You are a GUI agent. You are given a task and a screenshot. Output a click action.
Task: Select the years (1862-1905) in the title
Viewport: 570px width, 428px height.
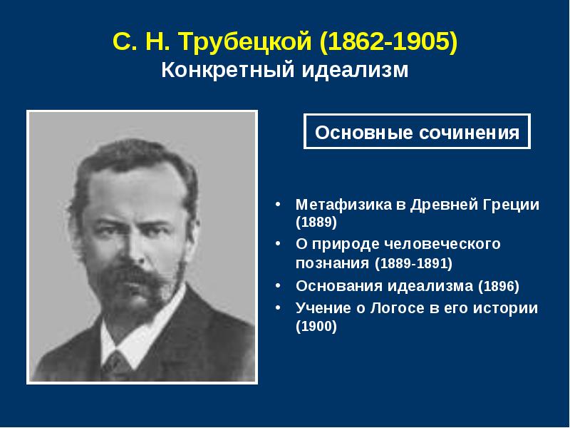388,41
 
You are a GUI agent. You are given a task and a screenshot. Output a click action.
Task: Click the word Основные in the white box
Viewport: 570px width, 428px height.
364,133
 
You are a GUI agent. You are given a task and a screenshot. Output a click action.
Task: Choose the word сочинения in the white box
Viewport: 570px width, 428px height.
470,133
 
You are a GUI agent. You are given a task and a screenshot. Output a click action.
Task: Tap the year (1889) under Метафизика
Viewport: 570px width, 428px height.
316,222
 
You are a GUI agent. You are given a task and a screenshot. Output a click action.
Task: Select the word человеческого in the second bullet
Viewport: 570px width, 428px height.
442,243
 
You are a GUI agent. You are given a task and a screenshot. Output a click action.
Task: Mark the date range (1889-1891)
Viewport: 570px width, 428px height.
414,263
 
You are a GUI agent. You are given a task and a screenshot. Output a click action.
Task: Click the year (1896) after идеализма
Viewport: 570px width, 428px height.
498,286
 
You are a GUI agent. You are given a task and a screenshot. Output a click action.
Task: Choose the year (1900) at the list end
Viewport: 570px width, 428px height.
316,326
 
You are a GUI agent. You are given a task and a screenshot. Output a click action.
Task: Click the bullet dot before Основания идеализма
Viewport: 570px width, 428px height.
278,286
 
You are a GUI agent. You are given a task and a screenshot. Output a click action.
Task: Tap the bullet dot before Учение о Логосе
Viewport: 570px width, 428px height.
278,308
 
